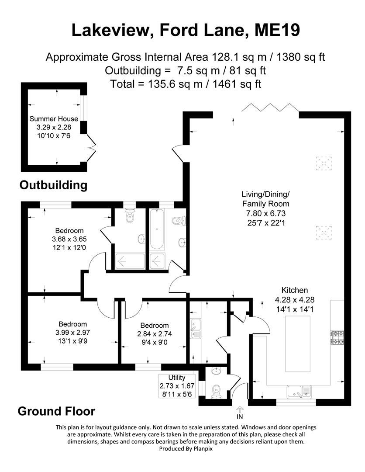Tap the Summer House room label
pos(54,118)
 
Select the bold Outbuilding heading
pos(54,185)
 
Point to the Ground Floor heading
pos(56,411)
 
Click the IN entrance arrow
pos(240,412)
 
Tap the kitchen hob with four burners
pos(338,337)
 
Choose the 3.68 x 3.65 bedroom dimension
pos(69,239)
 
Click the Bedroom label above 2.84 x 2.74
pos(155,325)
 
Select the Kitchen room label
pos(295,290)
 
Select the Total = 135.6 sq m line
pos(186,84)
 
